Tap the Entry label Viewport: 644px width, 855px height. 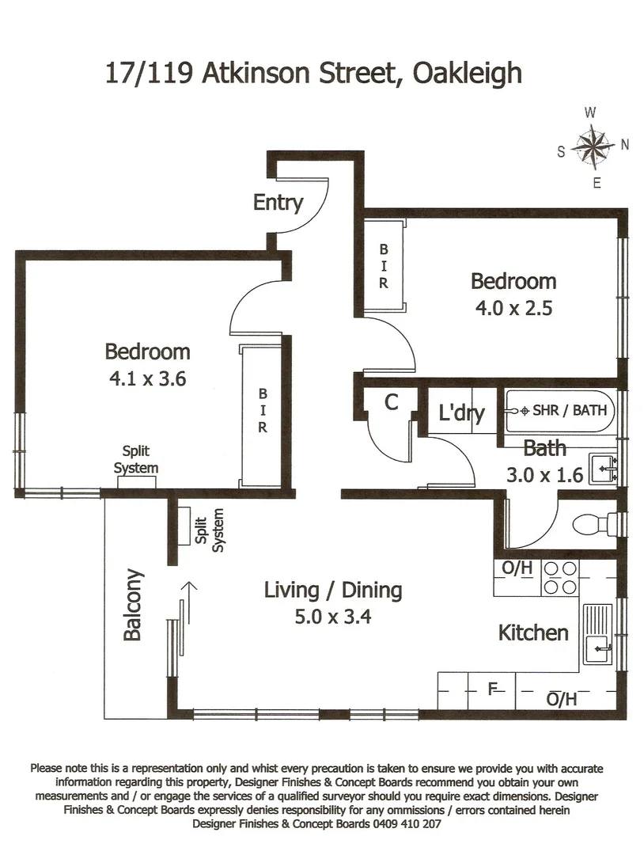pyautogui.click(x=278, y=203)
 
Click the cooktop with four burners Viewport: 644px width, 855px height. pyautogui.click(x=559, y=578)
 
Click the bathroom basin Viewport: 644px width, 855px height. pyautogui.click(x=603, y=469)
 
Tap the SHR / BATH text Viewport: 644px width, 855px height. pyautogui.click(x=570, y=411)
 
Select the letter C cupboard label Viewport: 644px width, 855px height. pyautogui.click(x=391, y=402)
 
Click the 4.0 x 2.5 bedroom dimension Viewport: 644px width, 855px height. pyautogui.click(x=513, y=307)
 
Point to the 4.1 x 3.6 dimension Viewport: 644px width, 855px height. pyautogui.click(x=147, y=378)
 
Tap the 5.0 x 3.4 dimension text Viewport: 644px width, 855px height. pyautogui.click(x=332, y=616)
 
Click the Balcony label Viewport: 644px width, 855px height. pyautogui.click(x=133, y=605)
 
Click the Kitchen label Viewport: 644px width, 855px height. pyautogui.click(x=532, y=633)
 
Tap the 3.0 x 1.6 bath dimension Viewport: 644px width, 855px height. pyautogui.click(x=544, y=475)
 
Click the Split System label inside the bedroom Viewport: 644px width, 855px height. pyautogui.click(x=135, y=460)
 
